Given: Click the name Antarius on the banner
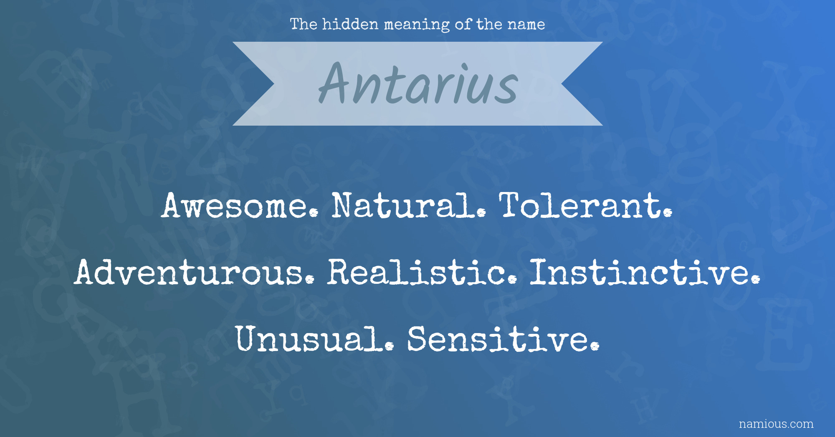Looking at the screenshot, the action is click(418, 83).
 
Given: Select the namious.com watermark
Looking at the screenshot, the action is click(776, 424).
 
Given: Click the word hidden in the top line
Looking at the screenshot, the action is click(350, 24).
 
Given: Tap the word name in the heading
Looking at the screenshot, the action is click(526, 25).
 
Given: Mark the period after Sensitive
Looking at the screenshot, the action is click(596, 346).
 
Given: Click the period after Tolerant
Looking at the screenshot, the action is click(668, 212).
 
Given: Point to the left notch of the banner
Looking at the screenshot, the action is click(274, 84).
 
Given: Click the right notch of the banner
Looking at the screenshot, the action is click(562, 84).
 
